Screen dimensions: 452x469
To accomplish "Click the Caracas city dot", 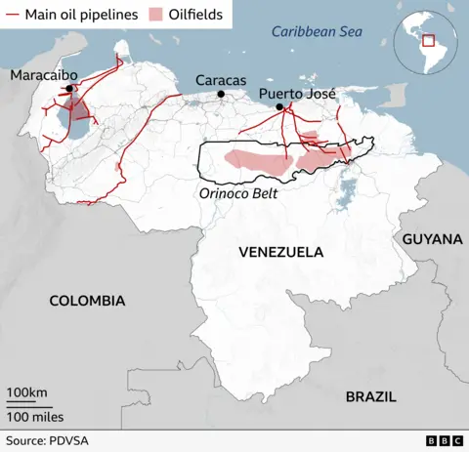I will pos(222,94).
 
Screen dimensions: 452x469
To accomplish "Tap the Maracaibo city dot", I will pos(69,89).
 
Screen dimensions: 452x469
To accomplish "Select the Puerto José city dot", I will pos(279,106).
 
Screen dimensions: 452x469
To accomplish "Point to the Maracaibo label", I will pos(44,75).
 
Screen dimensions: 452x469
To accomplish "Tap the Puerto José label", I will pos(297,94).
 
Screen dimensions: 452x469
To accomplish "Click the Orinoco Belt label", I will pos(238,193).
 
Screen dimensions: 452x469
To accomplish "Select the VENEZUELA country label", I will pos(280,252).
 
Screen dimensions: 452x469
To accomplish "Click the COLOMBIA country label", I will pos(88,301).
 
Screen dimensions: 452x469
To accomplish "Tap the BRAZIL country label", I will pos(370,396).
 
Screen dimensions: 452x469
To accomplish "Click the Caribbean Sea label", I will pos(318,32).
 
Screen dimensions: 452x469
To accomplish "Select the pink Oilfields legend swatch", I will pos(155,15).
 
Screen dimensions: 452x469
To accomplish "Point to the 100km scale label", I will pos(27,392).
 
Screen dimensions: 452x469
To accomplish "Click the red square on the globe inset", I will pos(427,41).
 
